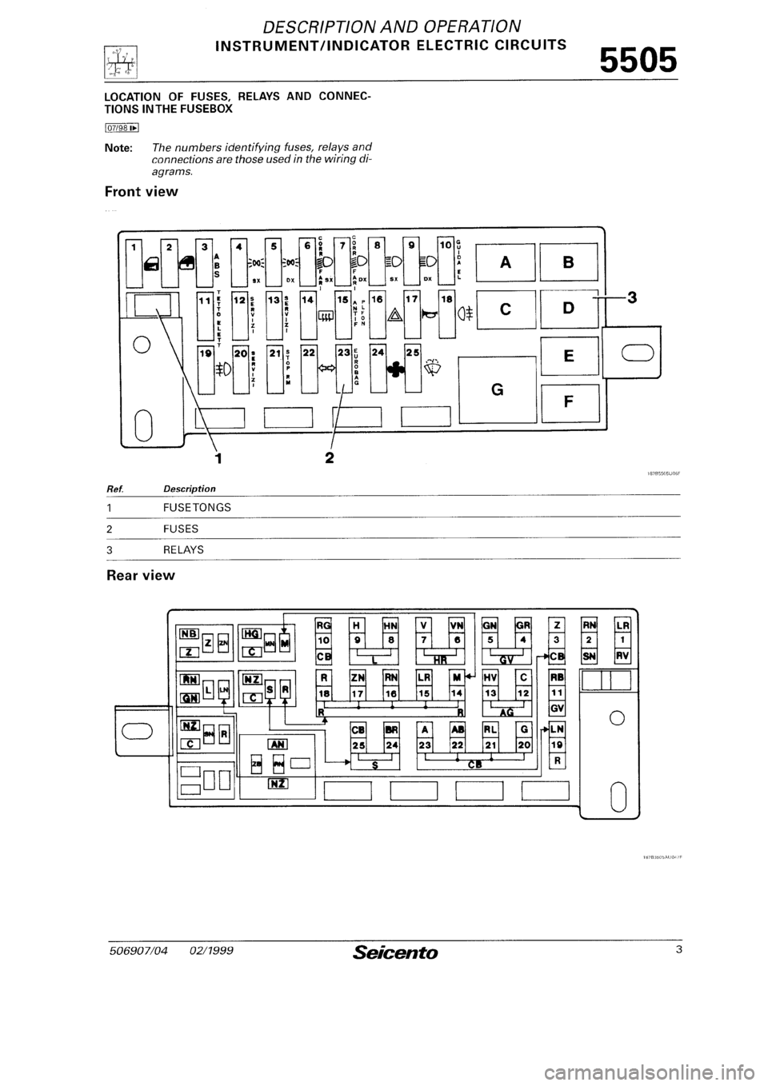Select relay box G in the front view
click(497, 389)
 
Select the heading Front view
click(141, 192)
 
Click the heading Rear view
click(139, 574)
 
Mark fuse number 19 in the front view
click(206, 352)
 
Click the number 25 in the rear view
click(358, 745)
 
